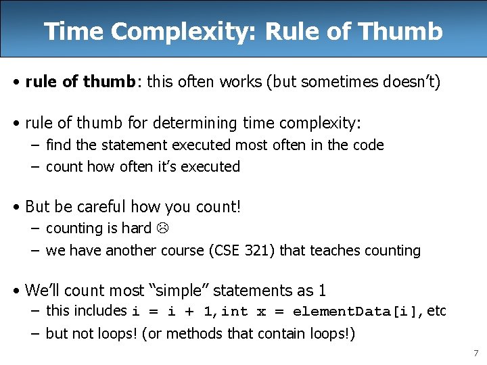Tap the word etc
[437, 311]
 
